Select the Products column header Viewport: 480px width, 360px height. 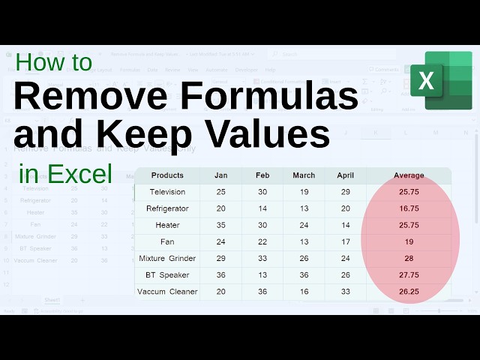click(167, 175)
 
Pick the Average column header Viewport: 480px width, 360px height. click(409, 175)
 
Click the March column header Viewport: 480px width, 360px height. click(304, 175)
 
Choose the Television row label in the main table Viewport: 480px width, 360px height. click(167, 192)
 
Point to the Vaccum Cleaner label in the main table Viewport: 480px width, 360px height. click(167, 291)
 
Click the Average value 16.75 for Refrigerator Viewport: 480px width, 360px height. click(409, 208)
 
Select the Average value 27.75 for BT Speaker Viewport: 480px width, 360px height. click(409, 274)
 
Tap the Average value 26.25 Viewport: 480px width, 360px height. click(409, 291)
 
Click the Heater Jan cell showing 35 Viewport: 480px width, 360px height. click(220, 225)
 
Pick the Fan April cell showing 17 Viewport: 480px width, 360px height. click(345, 241)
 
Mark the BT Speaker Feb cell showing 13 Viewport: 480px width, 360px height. click(262, 274)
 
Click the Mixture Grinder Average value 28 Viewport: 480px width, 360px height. click(409, 258)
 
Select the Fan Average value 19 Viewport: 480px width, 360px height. click(409, 241)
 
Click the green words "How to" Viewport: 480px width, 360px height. click(54, 62)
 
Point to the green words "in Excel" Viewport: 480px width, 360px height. click(66, 174)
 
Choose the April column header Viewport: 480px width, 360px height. click(345, 175)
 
